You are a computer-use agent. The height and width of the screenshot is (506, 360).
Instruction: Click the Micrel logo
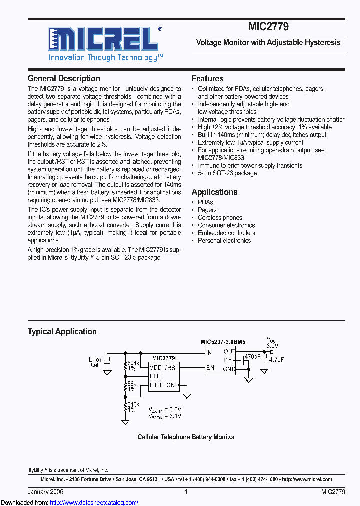(103, 39)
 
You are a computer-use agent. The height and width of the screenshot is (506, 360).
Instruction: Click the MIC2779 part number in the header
(268, 28)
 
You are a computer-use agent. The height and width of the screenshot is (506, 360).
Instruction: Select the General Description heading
(64, 78)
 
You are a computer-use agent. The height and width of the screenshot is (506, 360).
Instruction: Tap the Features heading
(207, 78)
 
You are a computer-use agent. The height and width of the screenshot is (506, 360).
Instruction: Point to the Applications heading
(214, 192)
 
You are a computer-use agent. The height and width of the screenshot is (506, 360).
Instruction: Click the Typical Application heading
(62, 331)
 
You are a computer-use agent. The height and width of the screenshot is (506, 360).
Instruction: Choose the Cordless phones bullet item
(220, 218)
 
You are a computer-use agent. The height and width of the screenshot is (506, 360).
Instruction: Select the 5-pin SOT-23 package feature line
(227, 173)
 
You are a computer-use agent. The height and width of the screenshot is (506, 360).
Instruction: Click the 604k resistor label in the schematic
(133, 363)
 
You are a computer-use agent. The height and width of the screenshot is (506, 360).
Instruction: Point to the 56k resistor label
(132, 384)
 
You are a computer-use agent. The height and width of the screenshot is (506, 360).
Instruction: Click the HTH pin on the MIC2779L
(155, 385)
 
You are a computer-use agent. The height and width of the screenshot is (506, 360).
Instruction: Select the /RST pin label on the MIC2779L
(172, 368)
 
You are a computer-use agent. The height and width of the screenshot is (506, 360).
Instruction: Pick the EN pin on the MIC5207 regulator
(210, 368)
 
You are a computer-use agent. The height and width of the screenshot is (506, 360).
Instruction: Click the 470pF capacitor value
(253, 357)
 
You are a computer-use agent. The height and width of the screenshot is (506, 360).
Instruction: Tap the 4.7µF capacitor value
(276, 360)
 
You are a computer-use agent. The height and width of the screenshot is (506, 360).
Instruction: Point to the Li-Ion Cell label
(95, 362)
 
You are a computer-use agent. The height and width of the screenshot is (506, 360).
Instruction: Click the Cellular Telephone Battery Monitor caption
(186, 437)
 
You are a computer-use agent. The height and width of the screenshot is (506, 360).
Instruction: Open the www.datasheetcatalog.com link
(88, 502)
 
